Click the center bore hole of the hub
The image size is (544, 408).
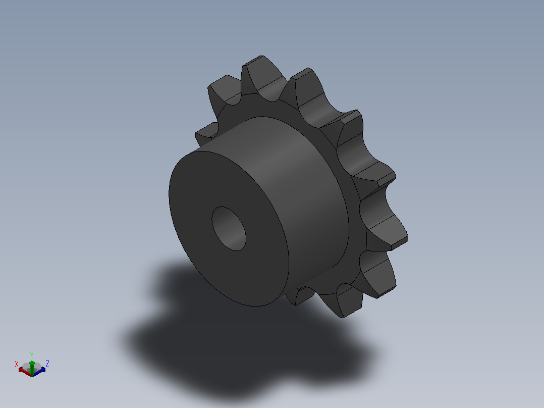(x=229, y=228)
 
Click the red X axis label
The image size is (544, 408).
(x=16, y=364)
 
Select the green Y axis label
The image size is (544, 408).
(x=32, y=355)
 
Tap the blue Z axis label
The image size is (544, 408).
(x=47, y=364)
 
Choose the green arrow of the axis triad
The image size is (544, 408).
(x=32, y=368)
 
